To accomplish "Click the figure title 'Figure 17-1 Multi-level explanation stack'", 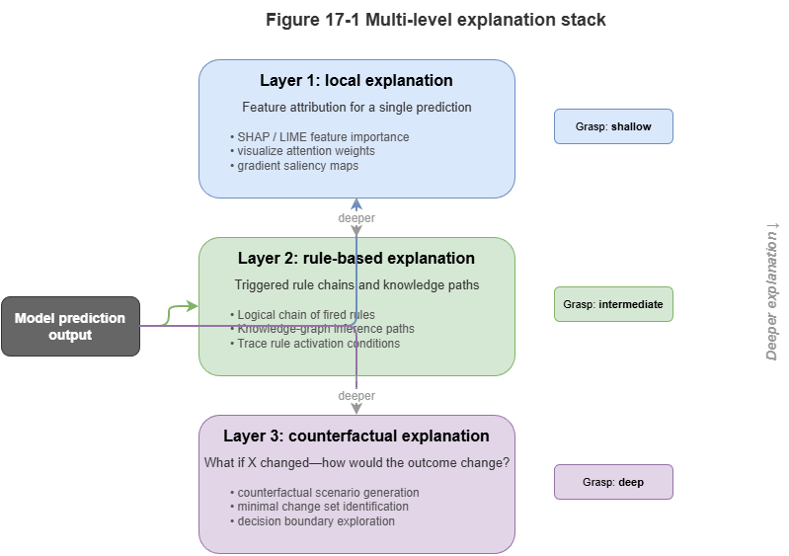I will click(435, 20).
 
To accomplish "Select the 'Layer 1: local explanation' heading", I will click(356, 81).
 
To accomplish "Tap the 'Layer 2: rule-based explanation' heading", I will click(356, 259).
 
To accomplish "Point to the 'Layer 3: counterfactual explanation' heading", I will click(356, 437).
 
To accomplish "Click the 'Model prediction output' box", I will click(70, 327).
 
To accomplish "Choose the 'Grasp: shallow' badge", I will click(613, 127).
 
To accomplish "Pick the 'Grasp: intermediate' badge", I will click(613, 305).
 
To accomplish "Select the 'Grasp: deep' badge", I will click(613, 483).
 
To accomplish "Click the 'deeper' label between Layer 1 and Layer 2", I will click(356, 217).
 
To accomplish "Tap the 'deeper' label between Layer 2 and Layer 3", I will click(356, 395).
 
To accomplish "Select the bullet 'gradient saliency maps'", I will click(297, 166).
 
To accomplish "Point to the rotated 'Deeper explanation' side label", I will click(772, 291).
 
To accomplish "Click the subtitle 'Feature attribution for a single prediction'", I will click(356, 107).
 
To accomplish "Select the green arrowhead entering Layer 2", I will click(195, 305).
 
